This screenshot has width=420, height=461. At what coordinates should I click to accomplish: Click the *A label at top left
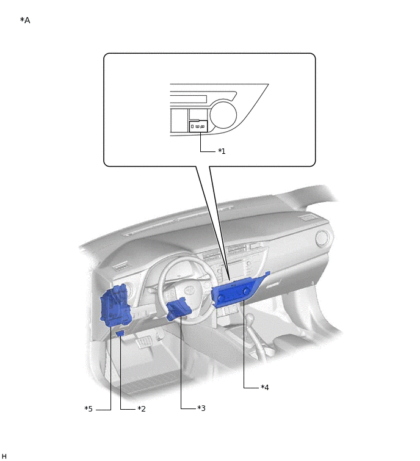(25, 20)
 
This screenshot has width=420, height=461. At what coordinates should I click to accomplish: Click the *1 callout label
(222, 151)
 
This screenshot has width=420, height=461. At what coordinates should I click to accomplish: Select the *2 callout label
(142, 408)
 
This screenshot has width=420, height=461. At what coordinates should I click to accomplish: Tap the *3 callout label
(201, 408)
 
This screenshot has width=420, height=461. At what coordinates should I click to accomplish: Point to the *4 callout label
(265, 388)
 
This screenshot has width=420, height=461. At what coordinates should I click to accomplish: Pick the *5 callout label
(89, 408)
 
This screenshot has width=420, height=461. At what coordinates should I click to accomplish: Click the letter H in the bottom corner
(4, 456)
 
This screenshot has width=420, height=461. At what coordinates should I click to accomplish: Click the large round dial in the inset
(223, 114)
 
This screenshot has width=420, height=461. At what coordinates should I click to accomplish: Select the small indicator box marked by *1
(198, 126)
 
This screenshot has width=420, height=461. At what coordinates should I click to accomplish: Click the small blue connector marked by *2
(120, 333)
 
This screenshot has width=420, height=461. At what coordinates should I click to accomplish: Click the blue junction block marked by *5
(114, 306)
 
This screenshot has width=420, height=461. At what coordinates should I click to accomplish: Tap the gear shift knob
(250, 318)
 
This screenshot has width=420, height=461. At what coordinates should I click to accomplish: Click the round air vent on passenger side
(322, 238)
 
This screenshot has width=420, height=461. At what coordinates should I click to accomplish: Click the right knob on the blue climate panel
(246, 291)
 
